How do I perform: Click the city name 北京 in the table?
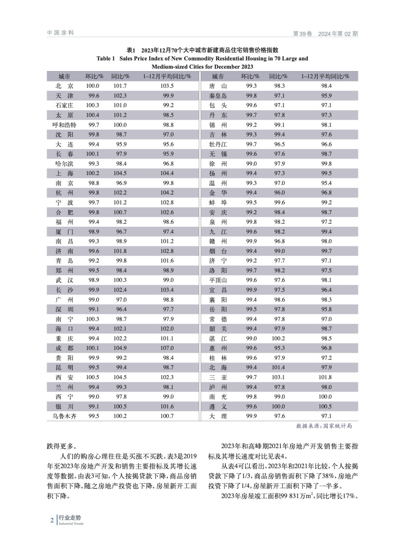point(64,86)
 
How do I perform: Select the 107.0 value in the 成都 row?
point(167,348)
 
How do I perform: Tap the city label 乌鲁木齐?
point(64,416)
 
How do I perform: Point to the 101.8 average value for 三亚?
point(325,377)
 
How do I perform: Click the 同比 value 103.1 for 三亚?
point(278,377)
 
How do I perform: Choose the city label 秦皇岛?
point(218,96)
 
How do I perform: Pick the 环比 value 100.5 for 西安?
point(92,377)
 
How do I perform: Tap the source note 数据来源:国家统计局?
point(324,426)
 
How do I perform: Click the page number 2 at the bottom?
point(52,520)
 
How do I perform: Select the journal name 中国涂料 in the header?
point(60,33)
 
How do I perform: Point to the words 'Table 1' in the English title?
point(106,59)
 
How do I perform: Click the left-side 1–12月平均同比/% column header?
point(167,76)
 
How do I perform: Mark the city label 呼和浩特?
point(64,125)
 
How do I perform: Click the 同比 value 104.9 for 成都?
point(120,348)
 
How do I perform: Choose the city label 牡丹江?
point(218,144)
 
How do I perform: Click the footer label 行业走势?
point(70,518)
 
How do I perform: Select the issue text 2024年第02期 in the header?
point(338,34)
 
